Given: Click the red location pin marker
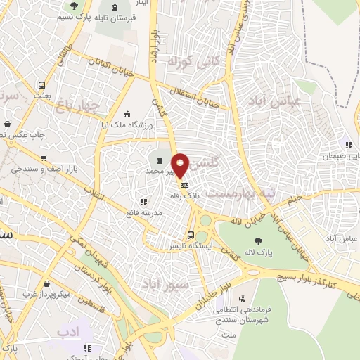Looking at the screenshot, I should click(181, 165).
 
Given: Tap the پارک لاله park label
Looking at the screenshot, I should click(259, 250).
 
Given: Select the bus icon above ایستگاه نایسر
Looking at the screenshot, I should click(191, 235).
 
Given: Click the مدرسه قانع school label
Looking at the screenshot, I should click(144, 212).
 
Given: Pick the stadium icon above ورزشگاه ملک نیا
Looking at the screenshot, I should click(127, 114).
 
